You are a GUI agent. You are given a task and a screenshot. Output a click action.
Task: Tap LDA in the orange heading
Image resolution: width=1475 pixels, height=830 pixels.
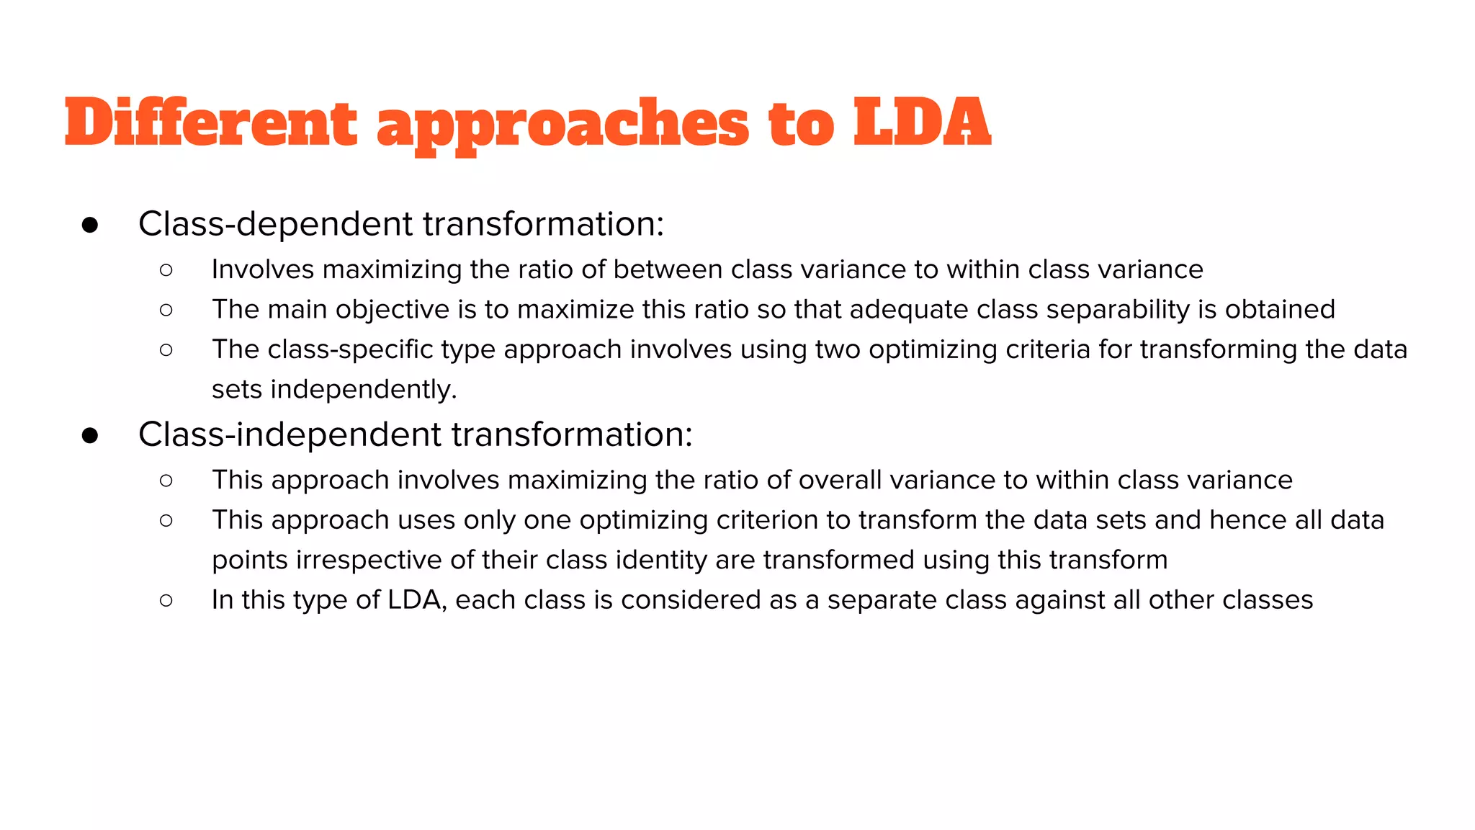(x=922, y=122)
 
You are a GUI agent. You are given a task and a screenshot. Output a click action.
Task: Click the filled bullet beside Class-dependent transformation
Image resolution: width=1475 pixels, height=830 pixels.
(x=90, y=226)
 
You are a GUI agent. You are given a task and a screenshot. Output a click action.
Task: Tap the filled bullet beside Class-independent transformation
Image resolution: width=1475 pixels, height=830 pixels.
(x=90, y=436)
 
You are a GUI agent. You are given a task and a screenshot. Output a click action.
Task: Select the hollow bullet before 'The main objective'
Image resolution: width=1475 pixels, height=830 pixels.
(x=166, y=310)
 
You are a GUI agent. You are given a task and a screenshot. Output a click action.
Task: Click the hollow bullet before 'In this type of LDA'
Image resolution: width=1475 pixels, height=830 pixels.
(x=166, y=600)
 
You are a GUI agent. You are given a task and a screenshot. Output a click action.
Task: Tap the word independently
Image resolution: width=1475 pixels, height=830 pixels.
(x=364, y=390)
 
